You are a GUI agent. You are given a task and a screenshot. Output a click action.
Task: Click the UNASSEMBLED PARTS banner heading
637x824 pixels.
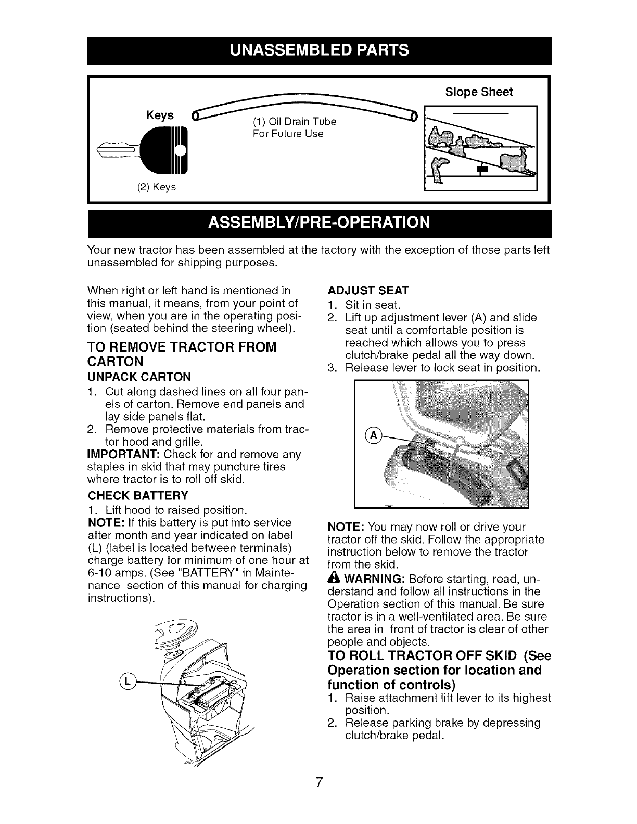[x=318, y=50]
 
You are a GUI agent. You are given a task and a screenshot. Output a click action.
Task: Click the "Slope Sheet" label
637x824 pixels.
[x=479, y=92]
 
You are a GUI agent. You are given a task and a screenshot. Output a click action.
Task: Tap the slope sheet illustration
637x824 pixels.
[x=481, y=148]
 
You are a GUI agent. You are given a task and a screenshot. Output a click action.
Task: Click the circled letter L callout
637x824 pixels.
[x=128, y=680]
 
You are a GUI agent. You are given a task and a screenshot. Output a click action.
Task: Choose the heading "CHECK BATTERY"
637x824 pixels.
[x=138, y=494]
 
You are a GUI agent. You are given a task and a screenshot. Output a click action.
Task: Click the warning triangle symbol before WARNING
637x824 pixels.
[x=334, y=578]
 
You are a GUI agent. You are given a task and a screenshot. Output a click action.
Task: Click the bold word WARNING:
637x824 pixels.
[x=375, y=579]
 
